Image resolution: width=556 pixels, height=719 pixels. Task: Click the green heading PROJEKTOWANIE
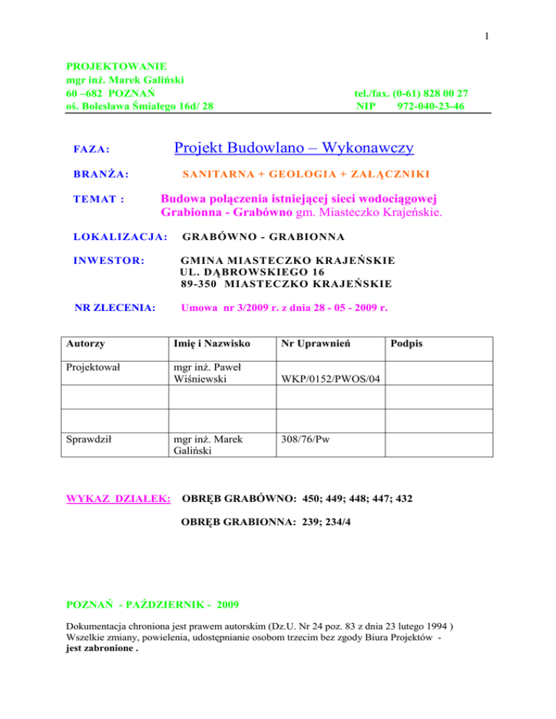(x=117, y=66)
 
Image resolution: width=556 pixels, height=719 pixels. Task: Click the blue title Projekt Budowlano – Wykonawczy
(x=294, y=148)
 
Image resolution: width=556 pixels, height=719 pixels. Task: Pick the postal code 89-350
(x=201, y=283)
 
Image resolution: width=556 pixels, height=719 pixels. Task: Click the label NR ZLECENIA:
(x=115, y=307)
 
